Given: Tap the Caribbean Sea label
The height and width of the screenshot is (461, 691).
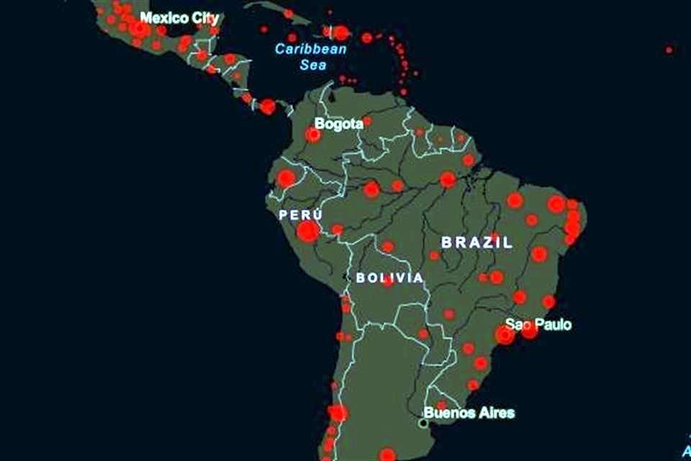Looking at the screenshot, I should [311, 57].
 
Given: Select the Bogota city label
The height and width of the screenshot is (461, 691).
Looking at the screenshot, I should [338, 124].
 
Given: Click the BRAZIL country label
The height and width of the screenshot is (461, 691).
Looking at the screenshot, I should [477, 242].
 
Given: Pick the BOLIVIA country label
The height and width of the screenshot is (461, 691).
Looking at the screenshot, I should [389, 278].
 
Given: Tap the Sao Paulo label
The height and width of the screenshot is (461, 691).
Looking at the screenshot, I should [538, 325].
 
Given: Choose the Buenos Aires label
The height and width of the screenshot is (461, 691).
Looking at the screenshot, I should [469, 413].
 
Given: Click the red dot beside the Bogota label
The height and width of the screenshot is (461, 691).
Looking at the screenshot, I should [312, 134].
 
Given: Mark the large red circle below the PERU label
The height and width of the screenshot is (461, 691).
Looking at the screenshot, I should [307, 231].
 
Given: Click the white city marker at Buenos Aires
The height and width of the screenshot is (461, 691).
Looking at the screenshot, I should [424, 424].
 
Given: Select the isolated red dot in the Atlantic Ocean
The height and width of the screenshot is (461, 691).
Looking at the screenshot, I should [669, 50].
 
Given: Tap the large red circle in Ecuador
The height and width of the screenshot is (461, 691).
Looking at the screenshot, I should [286, 178].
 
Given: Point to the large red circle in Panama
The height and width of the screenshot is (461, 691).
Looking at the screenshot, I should [268, 107].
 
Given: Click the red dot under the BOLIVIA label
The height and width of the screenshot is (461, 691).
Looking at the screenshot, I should [388, 282].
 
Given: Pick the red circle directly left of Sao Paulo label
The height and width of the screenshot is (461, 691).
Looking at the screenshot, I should [505, 334].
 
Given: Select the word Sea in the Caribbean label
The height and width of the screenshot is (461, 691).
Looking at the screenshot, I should [314, 65].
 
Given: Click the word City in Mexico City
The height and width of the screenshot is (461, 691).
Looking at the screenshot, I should [203, 17].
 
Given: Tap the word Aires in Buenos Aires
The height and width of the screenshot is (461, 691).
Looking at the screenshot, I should [496, 413].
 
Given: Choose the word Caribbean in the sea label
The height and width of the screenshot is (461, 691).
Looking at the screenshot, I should [311, 50].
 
